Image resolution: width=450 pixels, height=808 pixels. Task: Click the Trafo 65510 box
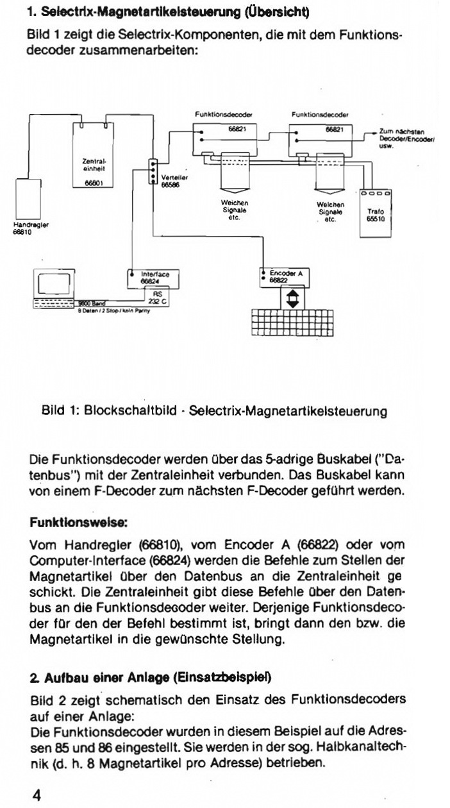coord(376,214)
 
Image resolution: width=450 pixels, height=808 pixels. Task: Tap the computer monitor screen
coord(54,283)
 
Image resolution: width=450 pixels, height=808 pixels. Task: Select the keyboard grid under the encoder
coord(292,323)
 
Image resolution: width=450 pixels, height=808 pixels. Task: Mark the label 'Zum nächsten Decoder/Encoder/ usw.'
coord(406,139)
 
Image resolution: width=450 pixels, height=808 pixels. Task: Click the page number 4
coord(37,795)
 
